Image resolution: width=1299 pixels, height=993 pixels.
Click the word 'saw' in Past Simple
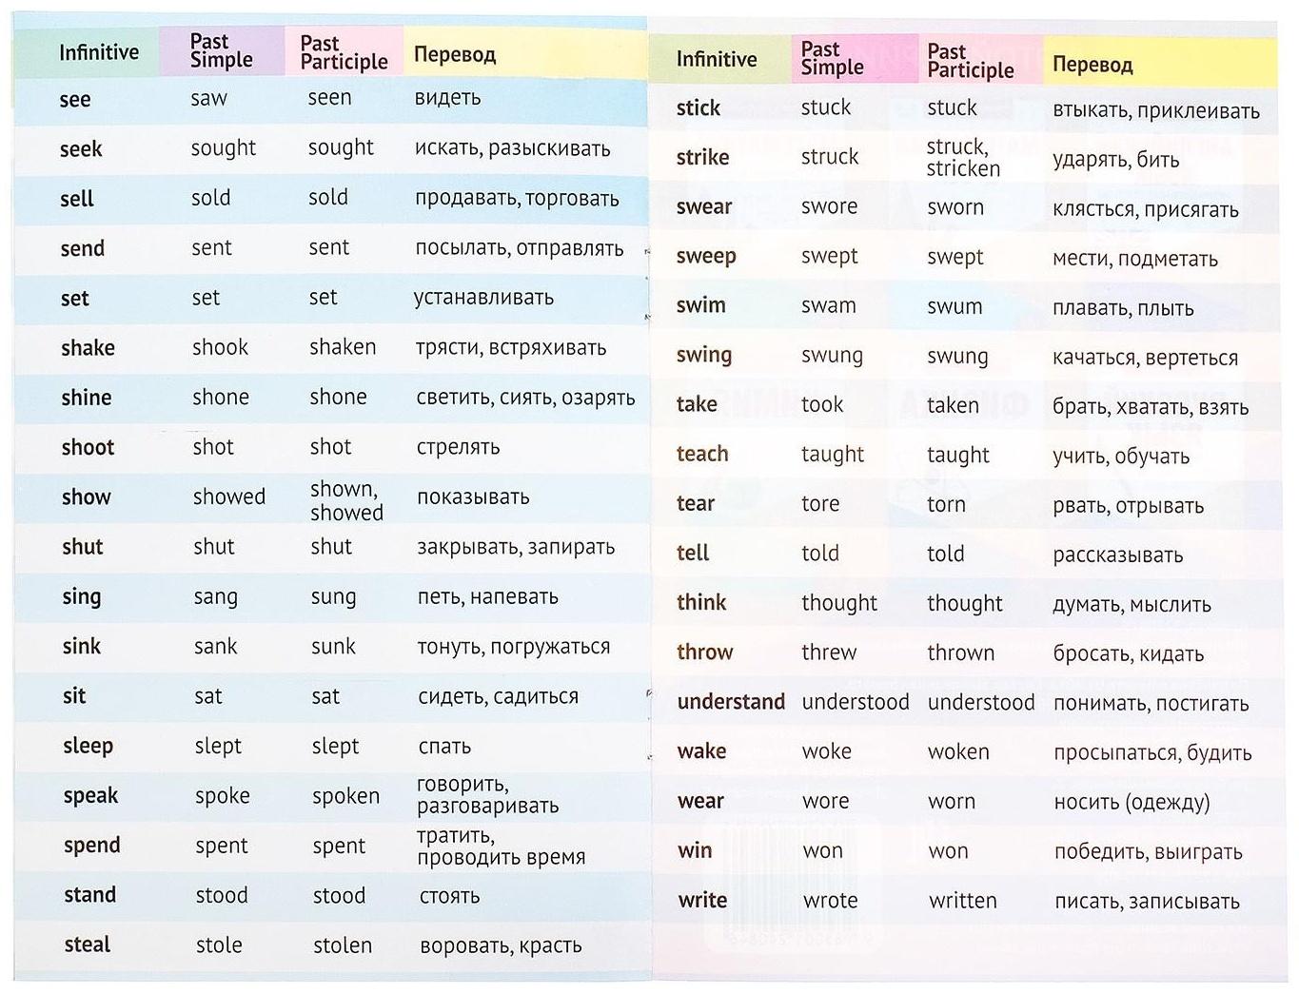pyautogui.click(x=208, y=98)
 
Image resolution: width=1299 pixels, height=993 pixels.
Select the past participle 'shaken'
pyautogui.click(x=343, y=347)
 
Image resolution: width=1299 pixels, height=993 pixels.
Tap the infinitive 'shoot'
pyautogui.click(x=88, y=447)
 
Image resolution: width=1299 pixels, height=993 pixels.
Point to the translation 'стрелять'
pyautogui.click(x=458, y=447)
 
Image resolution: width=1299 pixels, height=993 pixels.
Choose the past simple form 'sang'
pyautogui.click(x=215, y=597)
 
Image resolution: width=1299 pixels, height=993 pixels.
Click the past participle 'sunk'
pyautogui.click(x=333, y=647)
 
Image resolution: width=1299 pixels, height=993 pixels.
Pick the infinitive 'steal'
pyautogui.click(x=87, y=944)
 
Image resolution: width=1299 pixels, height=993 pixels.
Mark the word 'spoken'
pyautogui.click(x=345, y=796)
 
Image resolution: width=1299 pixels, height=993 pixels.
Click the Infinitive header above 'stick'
pyautogui.click(x=717, y=59)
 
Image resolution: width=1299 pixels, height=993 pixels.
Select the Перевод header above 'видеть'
pyautogui.click(x=455, y=54)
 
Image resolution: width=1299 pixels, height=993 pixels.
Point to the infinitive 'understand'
pyautogui.click(x=731, y=702)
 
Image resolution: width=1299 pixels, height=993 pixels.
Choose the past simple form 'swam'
pyautogui.click(x=828, y=305)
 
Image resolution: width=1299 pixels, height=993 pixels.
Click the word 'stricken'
pyautogui.click(x=963, y=169)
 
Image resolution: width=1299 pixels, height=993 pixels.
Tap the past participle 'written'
pyautogui.click(x=963, y=901)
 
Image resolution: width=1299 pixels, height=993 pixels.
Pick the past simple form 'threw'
pyautogui.click(x=829, y=652)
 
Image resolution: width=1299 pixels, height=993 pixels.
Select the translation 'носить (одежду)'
pyautogui.click(x=1132, y=802)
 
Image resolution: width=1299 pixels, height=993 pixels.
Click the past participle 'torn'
pyautogui.click(x=946, y=504)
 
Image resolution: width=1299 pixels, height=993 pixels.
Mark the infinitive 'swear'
pyautogui.click(x=704, y=206)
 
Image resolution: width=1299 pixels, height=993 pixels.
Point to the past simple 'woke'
pyautogui.click(x=826, y=751)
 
